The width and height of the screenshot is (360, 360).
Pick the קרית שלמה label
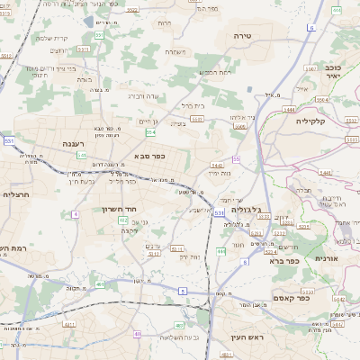pos(50,38)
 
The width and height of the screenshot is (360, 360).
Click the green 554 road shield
pos(150,132)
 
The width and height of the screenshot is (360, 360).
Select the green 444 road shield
pos(221,251)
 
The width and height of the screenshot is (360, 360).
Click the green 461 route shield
pos(98,284)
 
